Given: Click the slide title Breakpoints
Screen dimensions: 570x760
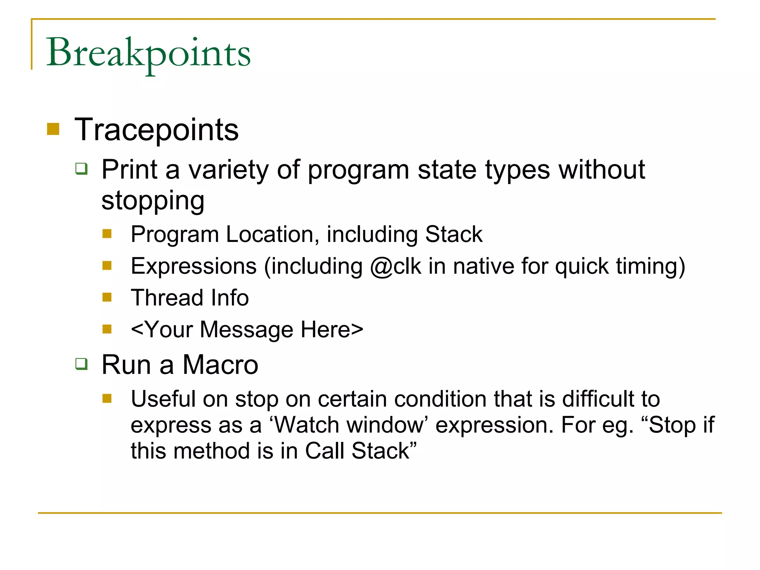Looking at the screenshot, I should coord(148,53).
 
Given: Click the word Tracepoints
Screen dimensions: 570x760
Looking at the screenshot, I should coord(156,130).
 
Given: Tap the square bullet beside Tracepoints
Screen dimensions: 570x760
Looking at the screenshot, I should coord(53,129).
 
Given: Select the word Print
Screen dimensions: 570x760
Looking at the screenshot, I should coord(130,170).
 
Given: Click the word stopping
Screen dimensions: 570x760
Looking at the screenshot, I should coord(153,201).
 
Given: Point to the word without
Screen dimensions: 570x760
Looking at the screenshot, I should coord(602,170).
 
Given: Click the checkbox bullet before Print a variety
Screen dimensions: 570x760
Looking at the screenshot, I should coord(82,169).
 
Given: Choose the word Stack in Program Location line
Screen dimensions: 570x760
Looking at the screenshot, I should coord(453,234).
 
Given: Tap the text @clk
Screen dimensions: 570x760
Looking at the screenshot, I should coord(396,266).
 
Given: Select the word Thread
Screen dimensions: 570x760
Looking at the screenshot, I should coord(167,298).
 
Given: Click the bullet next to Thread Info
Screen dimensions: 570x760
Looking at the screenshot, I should coord(107,297).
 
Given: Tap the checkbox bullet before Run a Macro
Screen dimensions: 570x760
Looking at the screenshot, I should coord(82,364).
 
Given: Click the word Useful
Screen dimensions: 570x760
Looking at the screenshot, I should coord(163,399).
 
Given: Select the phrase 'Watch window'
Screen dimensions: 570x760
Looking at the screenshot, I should coord(349,425).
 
